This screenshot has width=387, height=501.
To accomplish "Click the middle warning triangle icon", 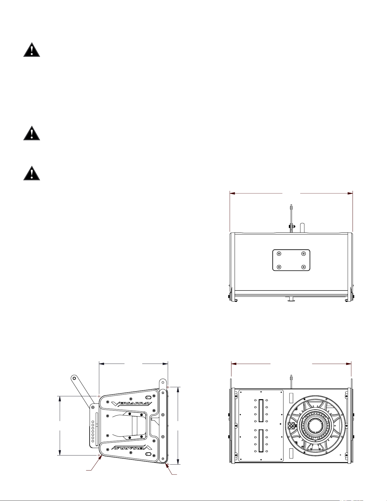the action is [32, 133].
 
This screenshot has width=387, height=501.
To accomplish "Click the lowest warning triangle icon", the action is [32, 173].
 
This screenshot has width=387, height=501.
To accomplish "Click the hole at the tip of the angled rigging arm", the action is [74, 378].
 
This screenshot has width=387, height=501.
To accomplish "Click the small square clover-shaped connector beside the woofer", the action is [291, 426].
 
